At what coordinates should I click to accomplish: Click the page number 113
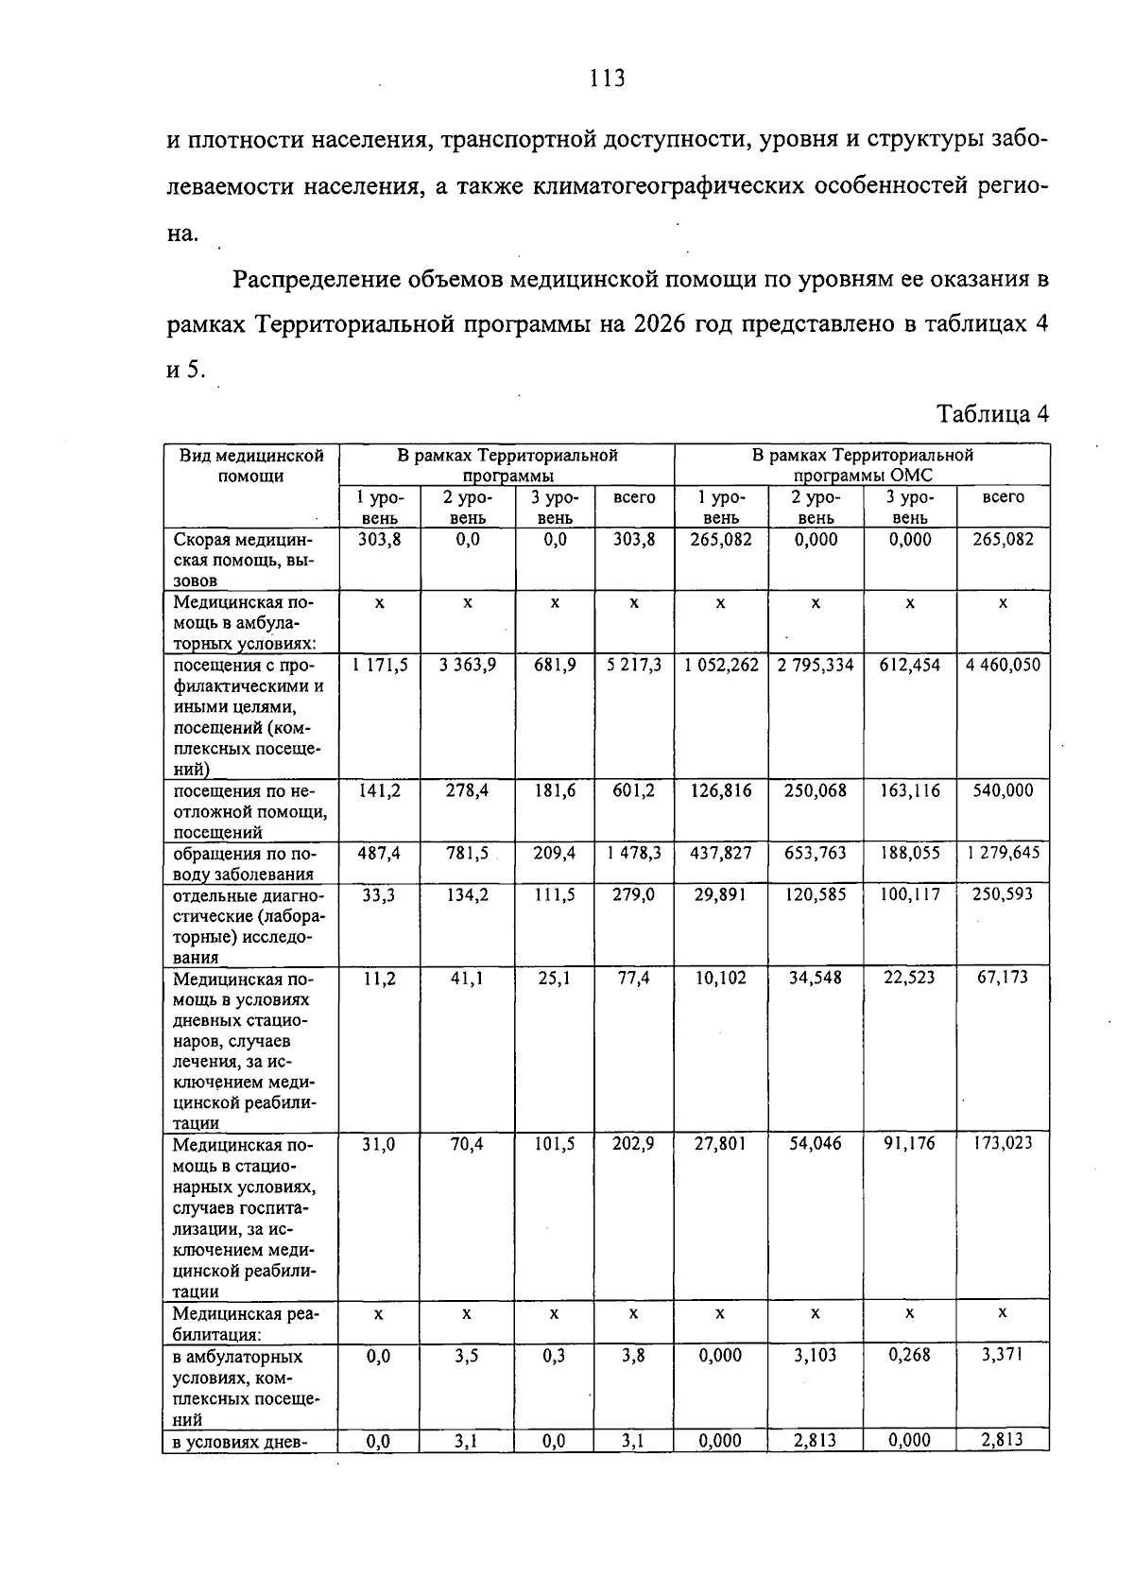[x=607, y=78]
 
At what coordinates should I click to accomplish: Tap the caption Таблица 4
[x=991, y=414]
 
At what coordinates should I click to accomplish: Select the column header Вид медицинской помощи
[x=251, y=465]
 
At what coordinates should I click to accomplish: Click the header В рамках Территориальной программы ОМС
[x=862, y=465]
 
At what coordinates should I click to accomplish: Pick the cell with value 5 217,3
[x=634, y=666]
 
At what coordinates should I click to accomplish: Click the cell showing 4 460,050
[x=1003, y=666]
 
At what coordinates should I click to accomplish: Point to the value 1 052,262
[x=721, y=666]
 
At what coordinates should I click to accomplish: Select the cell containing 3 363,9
[x=468, y=666]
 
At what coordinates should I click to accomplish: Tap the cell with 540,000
[x=1003, y=791]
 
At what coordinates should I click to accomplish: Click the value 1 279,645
[x=1003, y=853]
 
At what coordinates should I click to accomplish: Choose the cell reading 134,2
[x=468, y=894]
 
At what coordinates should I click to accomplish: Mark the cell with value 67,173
[x=1003, y=978]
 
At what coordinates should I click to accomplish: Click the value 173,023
[x=1003, y=1143]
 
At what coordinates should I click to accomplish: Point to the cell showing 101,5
[x=555, y=1144]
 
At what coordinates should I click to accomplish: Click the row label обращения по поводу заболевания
[x=244, y=863]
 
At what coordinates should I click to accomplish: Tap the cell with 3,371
[x=1003, y=1355]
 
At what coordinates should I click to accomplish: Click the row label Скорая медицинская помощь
[x=244, y=560]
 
